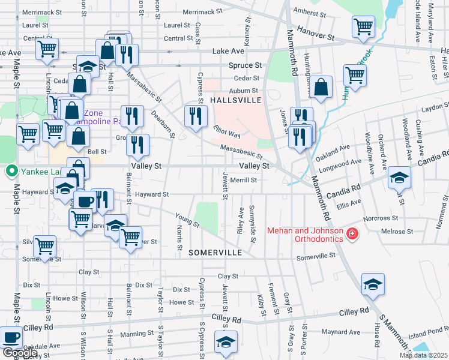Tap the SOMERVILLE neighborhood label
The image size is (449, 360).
coord(215,253)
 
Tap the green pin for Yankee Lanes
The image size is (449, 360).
coord(10,172)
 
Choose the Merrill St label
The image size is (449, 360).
coord(244,179)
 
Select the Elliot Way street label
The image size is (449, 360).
coord(226,132)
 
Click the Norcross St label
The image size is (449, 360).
coord(385,218)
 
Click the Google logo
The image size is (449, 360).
coord(20,353)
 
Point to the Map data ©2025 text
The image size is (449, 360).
coord(424,355)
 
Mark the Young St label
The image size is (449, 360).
coord(186,221)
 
